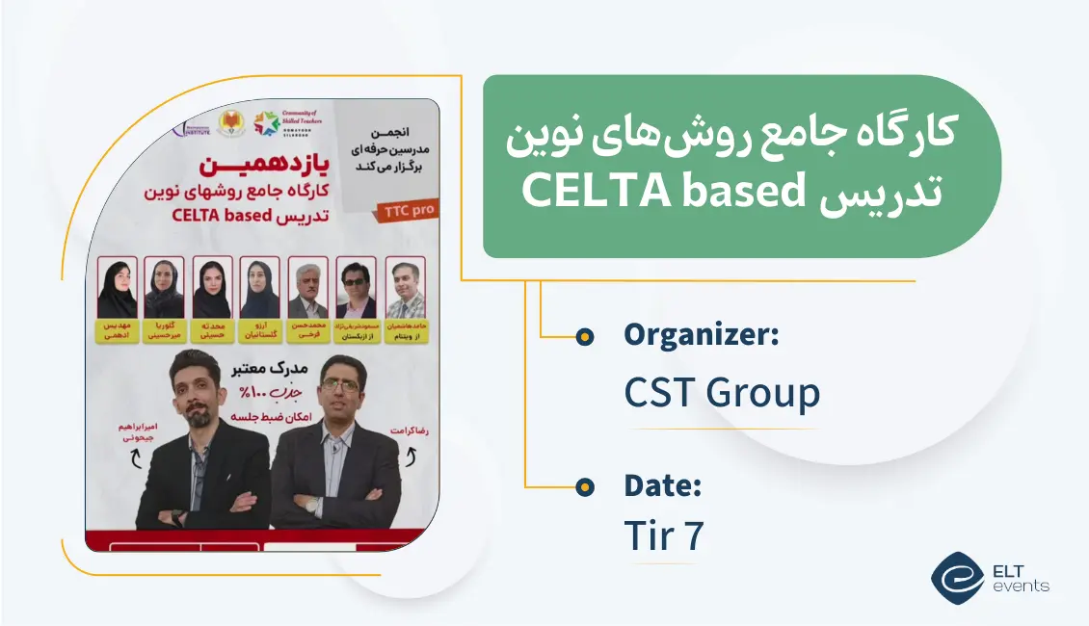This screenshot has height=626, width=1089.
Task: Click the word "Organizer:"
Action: click(701, 335)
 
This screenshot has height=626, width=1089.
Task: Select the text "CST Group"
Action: click(722, 393)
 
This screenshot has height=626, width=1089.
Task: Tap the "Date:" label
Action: click(662, 486)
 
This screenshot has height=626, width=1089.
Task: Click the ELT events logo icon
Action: click(957, 577)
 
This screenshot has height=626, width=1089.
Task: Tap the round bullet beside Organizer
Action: click(584, 336)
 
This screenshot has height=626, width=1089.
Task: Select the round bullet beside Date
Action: click(584, 487)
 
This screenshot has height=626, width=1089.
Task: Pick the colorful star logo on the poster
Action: click(265, 123)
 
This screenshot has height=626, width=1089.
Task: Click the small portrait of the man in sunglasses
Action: click(357, 288)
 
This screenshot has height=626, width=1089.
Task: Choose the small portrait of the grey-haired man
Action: click(308, 288)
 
